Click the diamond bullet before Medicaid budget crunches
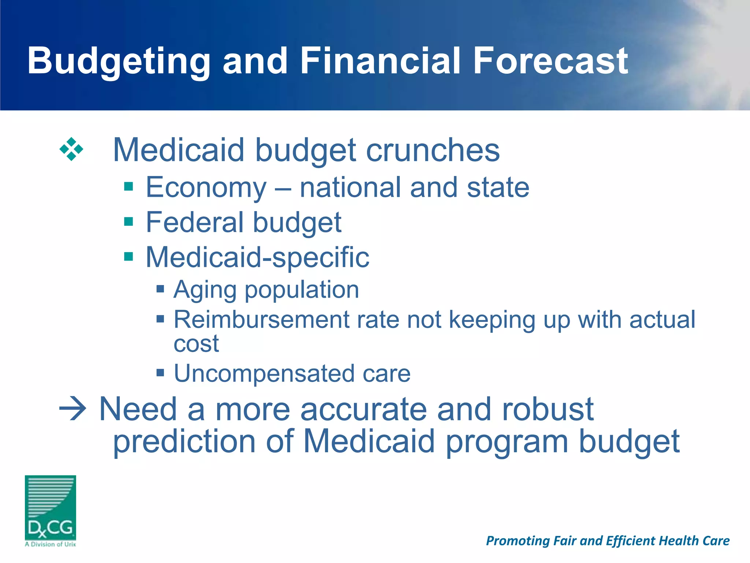click(x=71, y=149)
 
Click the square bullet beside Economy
click(x=129, y=187)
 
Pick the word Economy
click(x=206, y=188)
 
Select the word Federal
click(x=194, y=222)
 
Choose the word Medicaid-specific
click(x=257, y=257)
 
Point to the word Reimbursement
click(x=261, y=320)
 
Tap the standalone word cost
click(x=196, y=344)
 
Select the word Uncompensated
click(x=264, y=374)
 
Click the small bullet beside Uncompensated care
click(x=160, y=373)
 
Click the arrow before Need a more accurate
click(x=73, y=409)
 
